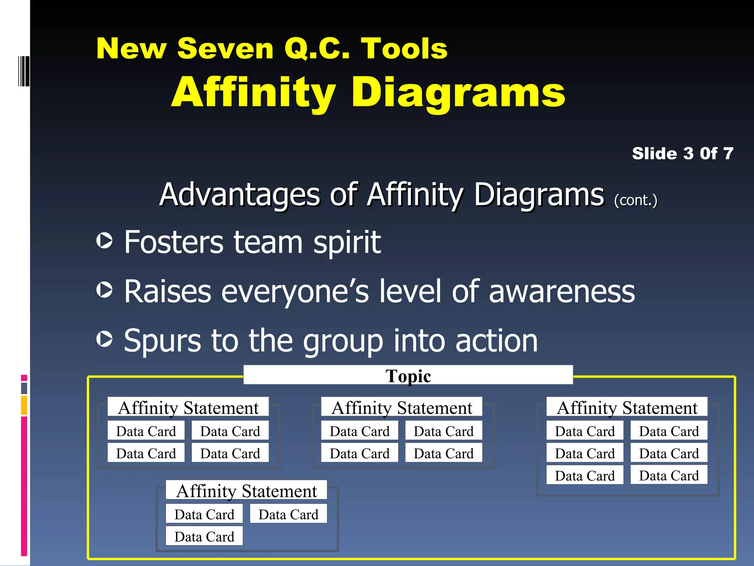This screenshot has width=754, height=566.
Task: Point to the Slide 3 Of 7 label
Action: [x=683, y=153]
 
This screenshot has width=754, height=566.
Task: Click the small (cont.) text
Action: [x=635, y=200]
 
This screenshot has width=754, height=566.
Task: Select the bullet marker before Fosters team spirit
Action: [x=105, y=241]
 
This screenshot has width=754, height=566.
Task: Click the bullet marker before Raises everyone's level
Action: [x=105, y=290]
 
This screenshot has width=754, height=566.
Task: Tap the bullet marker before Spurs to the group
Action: [x=105, y=339]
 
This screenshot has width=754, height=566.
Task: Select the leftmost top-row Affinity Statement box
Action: [x=188, y=408]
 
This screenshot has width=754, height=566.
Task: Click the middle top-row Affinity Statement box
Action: [x=402, y=408]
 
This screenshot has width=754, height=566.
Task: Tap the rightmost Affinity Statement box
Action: [x=627, y=408]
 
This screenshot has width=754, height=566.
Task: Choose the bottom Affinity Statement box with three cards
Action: [x=246, y=491]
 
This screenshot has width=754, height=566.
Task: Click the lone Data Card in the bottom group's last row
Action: [x=204, y=537]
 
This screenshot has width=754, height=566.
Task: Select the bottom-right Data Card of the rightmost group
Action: [x=669, y=475]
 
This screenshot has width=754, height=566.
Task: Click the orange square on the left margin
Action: [x=24, y=405]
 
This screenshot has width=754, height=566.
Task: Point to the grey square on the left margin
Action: [x=24, y=388]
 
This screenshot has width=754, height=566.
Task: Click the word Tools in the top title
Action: [x=404, y=49]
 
